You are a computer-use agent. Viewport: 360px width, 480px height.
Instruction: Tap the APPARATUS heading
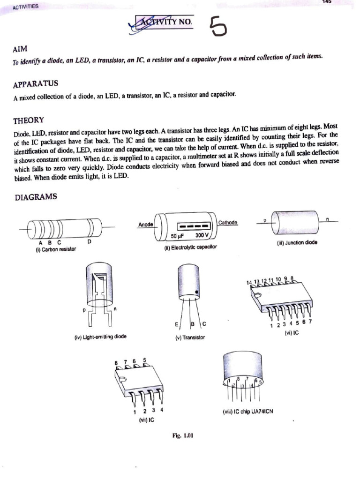tap(36, 83)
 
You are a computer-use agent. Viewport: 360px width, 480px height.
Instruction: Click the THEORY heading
tap(29, 120)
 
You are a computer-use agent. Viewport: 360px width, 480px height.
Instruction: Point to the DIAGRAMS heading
tap(35, 197)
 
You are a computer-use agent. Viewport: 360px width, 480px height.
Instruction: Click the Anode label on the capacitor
tap(146, 225)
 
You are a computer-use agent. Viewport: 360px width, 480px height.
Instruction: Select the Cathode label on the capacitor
tap(228, 223)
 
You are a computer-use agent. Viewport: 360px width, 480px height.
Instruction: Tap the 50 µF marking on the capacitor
tap(177, 235)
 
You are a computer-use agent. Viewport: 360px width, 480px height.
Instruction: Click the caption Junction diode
tap(297, 243)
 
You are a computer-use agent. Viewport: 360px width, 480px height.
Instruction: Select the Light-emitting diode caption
tap(100, 336)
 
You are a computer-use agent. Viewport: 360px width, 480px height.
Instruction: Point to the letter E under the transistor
tap(176, 324)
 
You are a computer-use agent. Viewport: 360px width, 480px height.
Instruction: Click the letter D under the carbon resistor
tap(89, 242)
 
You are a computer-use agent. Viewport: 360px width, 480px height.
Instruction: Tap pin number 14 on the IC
tap(249, 283)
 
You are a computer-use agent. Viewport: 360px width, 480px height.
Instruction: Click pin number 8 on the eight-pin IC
tap(116, 363)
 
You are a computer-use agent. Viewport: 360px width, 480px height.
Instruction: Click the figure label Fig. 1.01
tap(183, 435)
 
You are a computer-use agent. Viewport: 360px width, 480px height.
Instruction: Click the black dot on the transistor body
tap(198, 292)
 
